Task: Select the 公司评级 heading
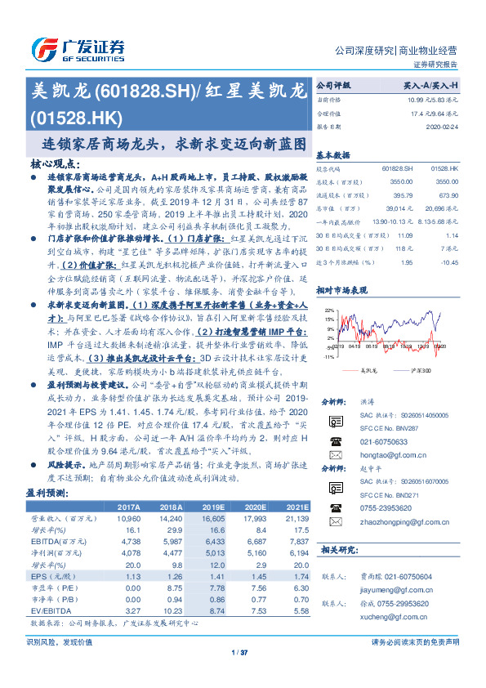(x=333, y=85)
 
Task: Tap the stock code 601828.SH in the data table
(x=396, y=166)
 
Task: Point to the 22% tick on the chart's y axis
(x=328, y=311)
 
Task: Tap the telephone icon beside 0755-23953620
(x=334, y=506)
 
